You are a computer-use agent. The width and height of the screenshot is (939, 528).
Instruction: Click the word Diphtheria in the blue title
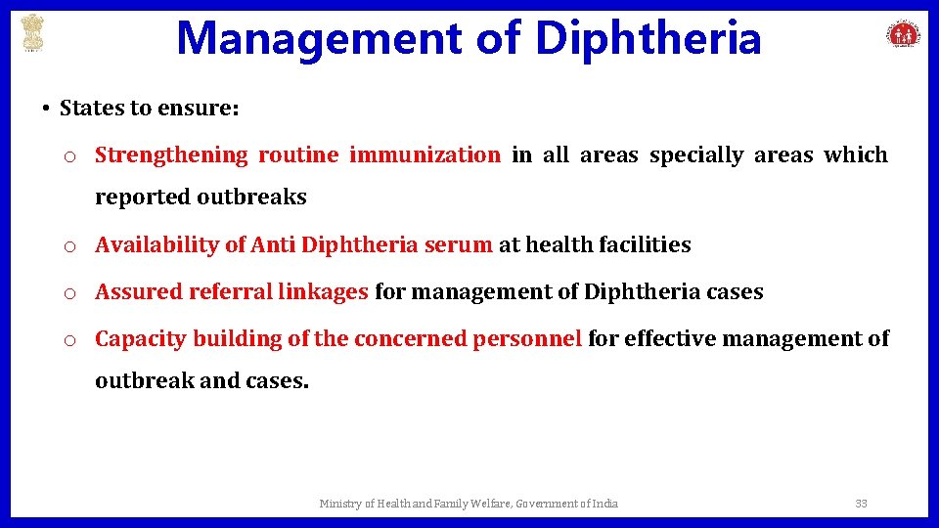[648, 39]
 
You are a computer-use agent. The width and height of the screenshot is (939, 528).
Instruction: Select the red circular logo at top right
[903, 34]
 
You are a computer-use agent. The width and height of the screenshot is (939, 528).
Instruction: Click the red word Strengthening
[172, 154]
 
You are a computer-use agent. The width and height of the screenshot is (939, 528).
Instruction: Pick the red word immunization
[425, 154]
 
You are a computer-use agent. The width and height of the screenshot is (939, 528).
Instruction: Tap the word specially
[696, 154]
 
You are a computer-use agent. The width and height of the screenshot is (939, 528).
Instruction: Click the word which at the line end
[856, 154]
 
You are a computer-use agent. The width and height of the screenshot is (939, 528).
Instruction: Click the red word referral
[230, 291]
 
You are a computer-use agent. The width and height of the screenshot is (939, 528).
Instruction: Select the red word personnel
[527, 338]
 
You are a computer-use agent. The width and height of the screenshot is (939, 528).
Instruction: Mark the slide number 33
[861, 504]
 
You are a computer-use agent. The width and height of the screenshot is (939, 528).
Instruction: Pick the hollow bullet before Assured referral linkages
[69, 293]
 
